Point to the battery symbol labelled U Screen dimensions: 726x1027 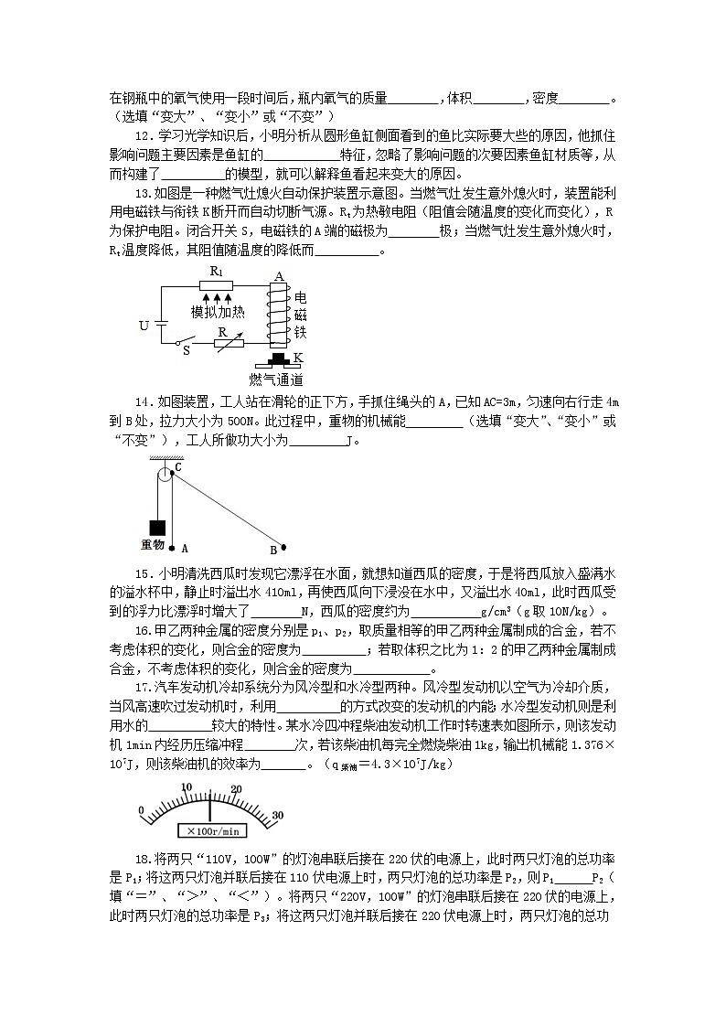click(163, 325)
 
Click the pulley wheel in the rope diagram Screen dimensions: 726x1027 click(165, 474)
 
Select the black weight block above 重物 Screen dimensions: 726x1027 click(156, 528)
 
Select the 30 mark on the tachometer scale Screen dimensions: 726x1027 click(279, 817)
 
